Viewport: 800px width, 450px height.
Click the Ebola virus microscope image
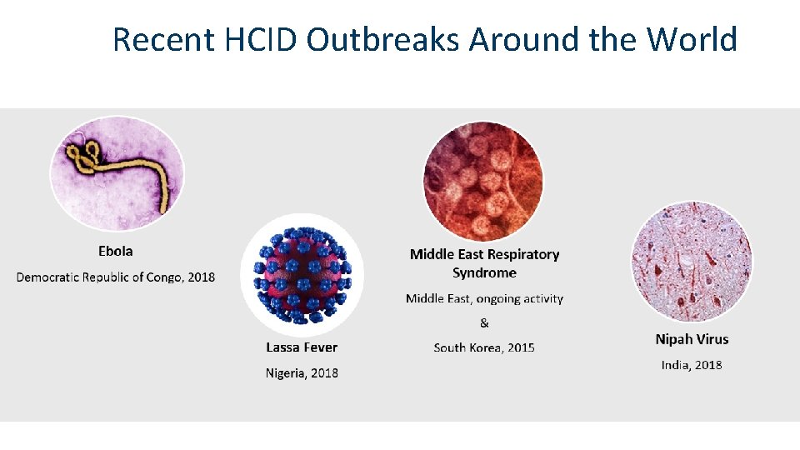[117, 175]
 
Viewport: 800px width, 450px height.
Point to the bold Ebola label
[115, 251]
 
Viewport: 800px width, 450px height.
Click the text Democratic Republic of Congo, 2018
[115, 277]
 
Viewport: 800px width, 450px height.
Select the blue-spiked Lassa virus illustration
[302, 275]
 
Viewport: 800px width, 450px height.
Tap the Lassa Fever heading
[302, 347]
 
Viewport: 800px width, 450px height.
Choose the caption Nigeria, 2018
[302, 372]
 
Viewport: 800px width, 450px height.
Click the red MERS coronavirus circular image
[483, 182]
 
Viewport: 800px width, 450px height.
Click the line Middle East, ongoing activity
[484, 298]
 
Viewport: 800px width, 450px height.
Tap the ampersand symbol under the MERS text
[484, 322]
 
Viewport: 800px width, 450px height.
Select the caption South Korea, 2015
[484, 347]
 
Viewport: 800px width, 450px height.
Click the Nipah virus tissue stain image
[692, 262]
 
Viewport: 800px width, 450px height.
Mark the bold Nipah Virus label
[692, 339]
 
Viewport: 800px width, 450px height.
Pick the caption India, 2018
[692, 365]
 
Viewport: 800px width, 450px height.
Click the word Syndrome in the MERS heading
[484, 272]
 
